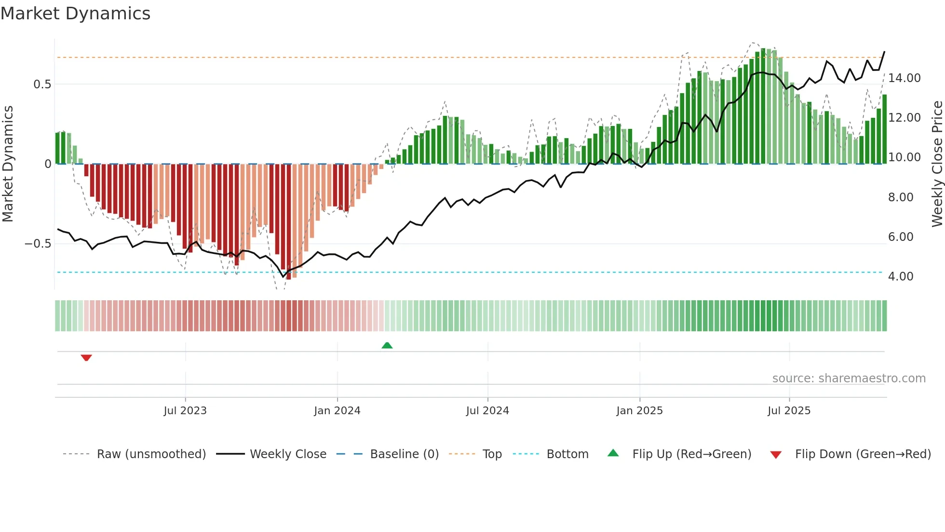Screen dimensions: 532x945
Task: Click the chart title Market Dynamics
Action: click(x=75, y=14)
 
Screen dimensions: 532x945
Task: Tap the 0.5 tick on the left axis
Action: click(x=42, y=84)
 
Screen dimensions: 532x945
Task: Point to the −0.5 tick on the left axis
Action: click(x=38, y=244)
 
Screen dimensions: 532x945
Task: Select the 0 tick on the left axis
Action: click(x=48, y=164)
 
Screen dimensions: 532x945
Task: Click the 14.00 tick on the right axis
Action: click(x=904, y=78)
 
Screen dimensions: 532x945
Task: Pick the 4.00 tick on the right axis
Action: click(x=900, y=277)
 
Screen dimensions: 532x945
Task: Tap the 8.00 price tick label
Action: click(x=900, y=197)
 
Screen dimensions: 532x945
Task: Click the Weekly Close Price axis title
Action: click(x=937, y=164)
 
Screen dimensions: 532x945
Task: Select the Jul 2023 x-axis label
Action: click(x=185, y=411)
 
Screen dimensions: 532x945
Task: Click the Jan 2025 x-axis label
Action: click(x=639, y=411)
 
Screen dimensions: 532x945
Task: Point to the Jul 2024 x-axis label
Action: click(x=487, y=411)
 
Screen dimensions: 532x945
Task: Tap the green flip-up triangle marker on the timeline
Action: click(x=387, y=345)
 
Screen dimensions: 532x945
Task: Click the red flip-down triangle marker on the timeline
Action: click(x=86, y=358)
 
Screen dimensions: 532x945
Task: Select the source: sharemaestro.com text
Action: click(x=849, y=378)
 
